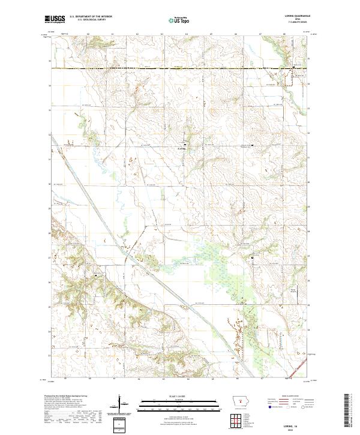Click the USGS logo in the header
tap(55, 19)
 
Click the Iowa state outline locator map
tap(240, 400)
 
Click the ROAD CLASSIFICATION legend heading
tap(288, 397)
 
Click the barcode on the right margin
tap(347, 410)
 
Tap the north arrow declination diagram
tap(125, 406)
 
